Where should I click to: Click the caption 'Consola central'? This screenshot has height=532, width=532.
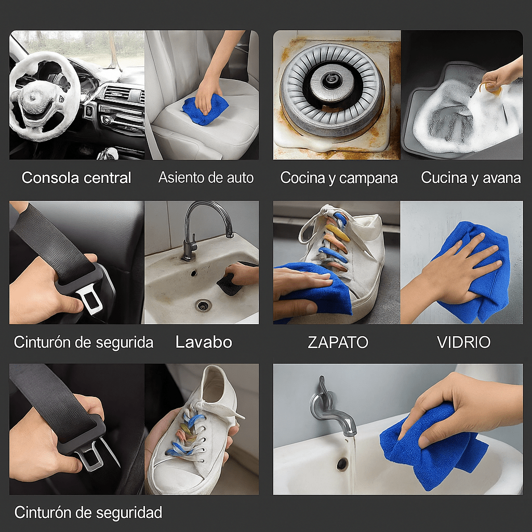click(x=76, y=178)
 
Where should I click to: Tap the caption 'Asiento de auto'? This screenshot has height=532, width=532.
click(x=206, y=178)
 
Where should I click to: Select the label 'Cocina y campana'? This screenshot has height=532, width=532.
click(x=339, y=178)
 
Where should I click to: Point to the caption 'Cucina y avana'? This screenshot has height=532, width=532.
click(x=471, y=178)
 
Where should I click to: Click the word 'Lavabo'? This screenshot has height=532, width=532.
click(x=204, y=342)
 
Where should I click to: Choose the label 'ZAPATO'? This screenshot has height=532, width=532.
click(x=338, y=342)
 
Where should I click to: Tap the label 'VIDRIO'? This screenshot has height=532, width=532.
click(x=463, y=342)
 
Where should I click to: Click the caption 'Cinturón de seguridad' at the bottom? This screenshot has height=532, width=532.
click(x=88, y=512)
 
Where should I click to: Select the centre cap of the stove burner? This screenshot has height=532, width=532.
click(x=330, y=81)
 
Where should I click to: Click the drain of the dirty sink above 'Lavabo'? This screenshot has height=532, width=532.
click(x=203, y=305)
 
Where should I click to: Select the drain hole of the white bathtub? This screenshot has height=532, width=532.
click(x=342, y=463)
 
